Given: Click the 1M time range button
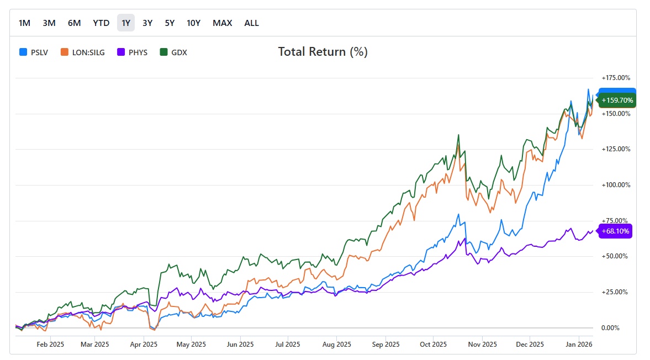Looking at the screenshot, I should point(24,23).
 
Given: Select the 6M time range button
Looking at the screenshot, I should point(75,23).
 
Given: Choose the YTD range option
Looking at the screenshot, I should point(101,23).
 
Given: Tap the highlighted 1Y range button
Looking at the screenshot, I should point(126,23).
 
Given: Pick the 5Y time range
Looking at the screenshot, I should point(170,23).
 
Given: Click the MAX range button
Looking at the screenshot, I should point(223,23).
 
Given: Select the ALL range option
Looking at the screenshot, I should point(252,23).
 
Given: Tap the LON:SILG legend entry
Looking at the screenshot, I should point(83,52).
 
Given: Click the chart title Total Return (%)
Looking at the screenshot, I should point(323,52).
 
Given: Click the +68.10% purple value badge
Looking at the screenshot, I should point(615,231).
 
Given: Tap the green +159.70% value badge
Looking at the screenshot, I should point(617,100).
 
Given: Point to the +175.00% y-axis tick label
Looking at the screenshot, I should point(616,78).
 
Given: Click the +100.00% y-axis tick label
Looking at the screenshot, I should point(616,185).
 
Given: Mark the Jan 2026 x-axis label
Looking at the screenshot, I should point(578,345).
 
